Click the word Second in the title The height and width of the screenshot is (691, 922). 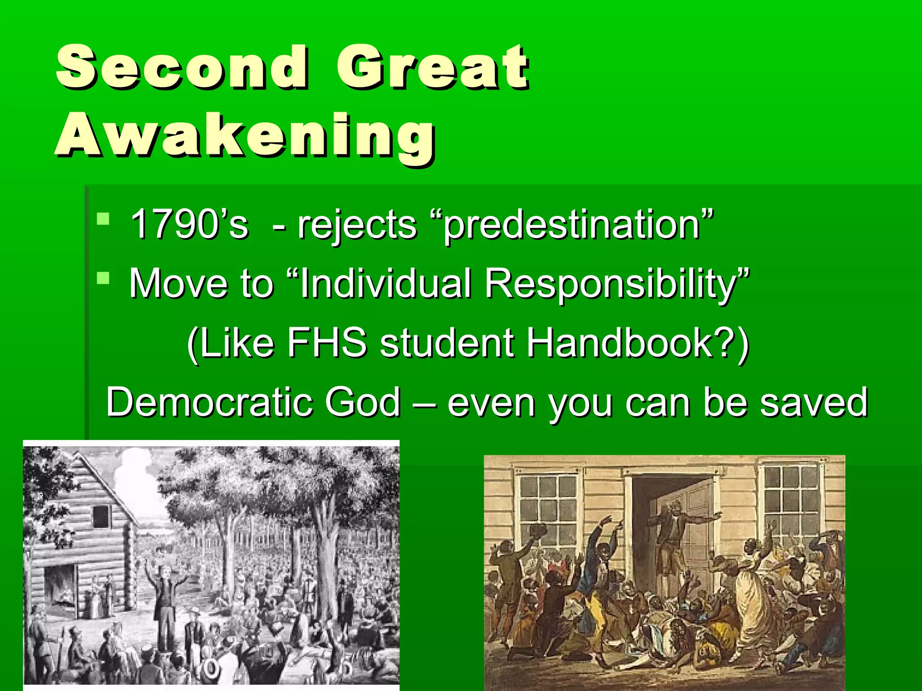tap(182, 67)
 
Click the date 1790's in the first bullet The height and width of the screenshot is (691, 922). tap(189, 224)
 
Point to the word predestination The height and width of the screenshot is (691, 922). tap(572, 225)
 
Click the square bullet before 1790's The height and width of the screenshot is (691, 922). tap(103, 219)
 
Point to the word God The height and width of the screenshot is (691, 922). tap(362, 402)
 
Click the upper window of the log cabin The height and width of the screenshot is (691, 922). tap(102, 516)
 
